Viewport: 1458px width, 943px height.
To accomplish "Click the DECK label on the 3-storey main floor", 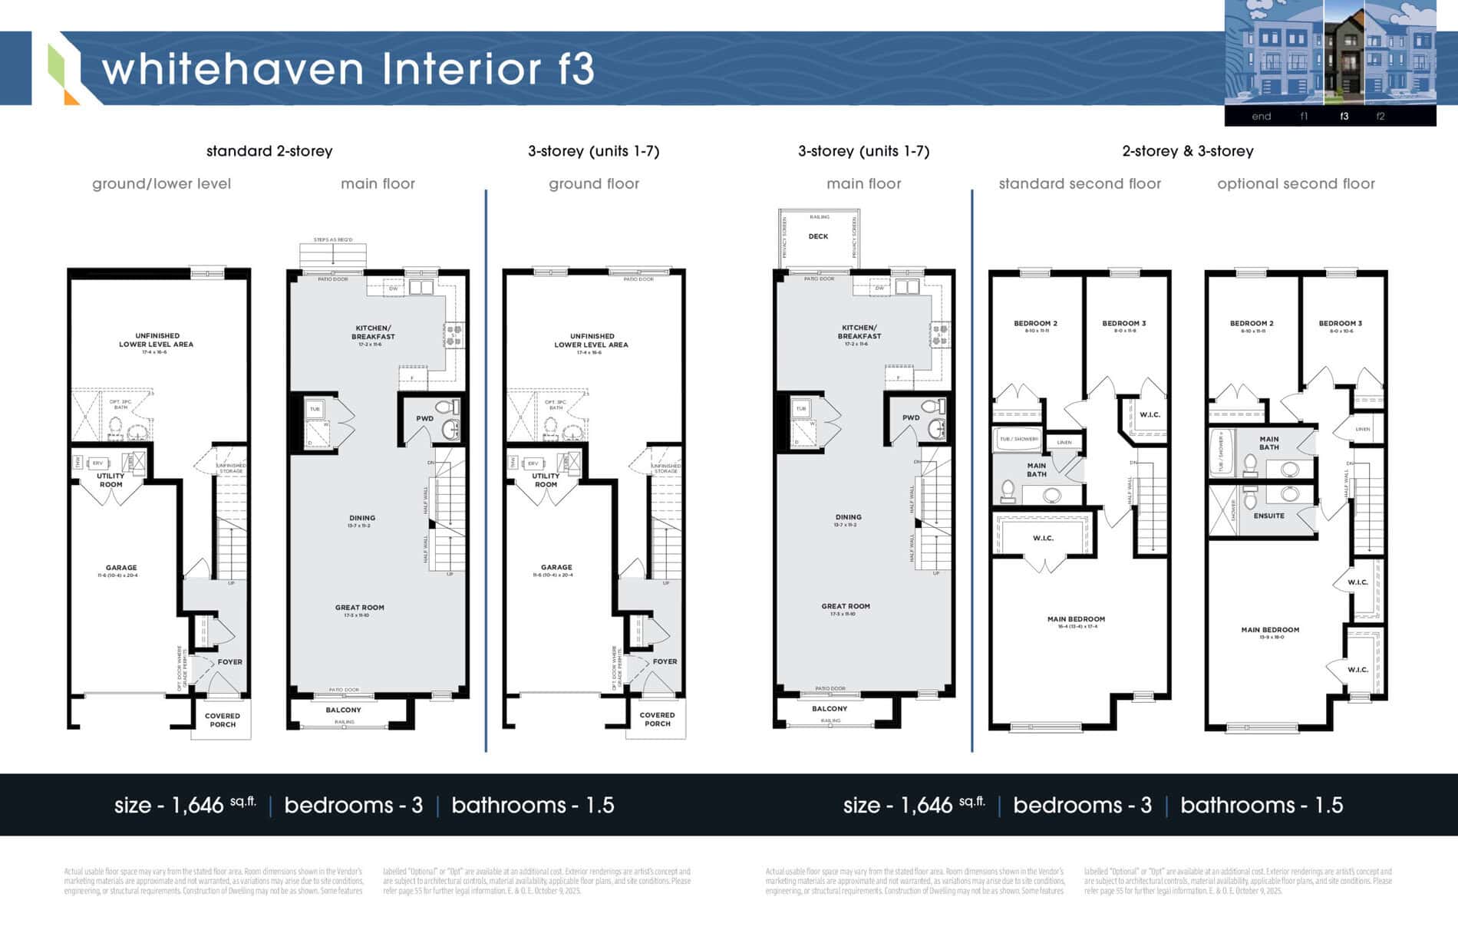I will point(818,236).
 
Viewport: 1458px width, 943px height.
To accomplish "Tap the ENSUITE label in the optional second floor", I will point(1268,516).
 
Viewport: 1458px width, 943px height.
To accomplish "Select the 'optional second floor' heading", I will point(1295,183).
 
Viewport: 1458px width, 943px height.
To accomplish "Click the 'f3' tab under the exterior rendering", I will point(1344,117).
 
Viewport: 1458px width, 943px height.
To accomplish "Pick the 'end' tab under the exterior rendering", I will point(1261,117).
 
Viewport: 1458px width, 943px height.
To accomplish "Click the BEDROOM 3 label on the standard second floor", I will point(1123,323).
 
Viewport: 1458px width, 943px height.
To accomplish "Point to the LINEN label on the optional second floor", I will point(1362,429).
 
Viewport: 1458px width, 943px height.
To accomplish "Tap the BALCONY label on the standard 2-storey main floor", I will point(343,710).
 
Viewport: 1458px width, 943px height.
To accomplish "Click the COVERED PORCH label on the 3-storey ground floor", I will point(657,719).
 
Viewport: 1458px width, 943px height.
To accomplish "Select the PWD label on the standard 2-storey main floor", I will point(424,418).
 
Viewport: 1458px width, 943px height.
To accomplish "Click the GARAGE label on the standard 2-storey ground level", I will point(121,568).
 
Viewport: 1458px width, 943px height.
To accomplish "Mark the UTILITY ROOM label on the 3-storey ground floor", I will point(546,480).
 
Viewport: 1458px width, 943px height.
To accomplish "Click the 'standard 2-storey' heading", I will point(269,151).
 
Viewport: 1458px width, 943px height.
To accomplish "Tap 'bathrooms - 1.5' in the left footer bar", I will point(533,805).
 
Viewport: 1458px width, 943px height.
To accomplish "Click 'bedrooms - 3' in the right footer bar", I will point(1082,805).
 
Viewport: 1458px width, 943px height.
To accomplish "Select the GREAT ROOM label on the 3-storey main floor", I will point(845,606).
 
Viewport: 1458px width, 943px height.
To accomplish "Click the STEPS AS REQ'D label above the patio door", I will point(333,240).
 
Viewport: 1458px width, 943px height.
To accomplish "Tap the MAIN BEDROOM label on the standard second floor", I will point(1076,619).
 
